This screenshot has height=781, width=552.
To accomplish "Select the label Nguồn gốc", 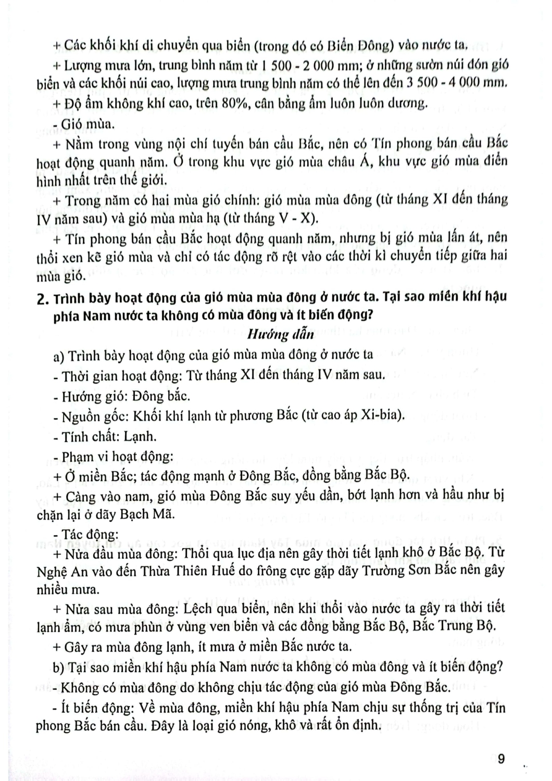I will (x=94, y=415).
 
